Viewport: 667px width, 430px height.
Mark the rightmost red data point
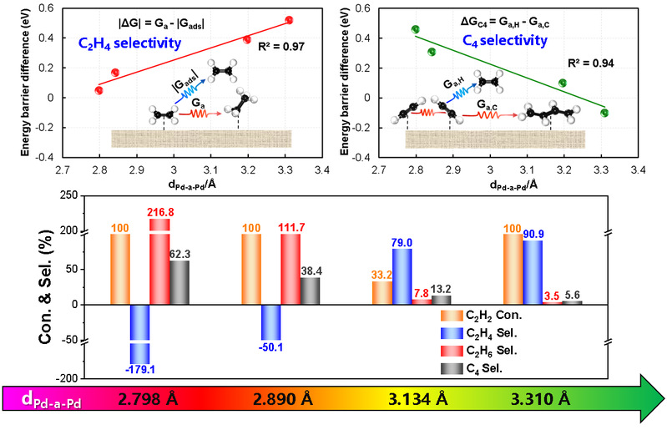coord(289,20)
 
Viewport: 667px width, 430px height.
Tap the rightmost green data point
coord(604,113)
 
